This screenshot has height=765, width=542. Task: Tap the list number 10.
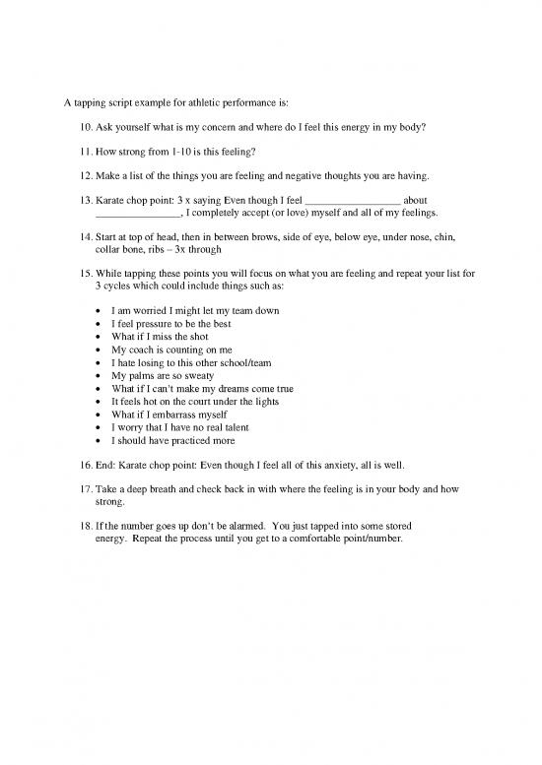(82, 127)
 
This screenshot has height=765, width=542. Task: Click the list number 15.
(82, 273)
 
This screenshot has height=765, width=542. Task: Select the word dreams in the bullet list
(244, 389)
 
